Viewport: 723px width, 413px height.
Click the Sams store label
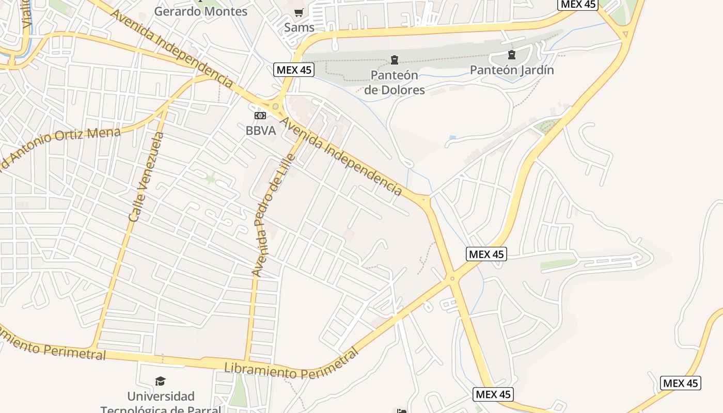pyautogui.click(x=299, y=27)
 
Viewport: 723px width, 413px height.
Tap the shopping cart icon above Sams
pyautogui.click(x=298, y=13)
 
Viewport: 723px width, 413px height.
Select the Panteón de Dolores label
pyautogui.click(x=395, y=83)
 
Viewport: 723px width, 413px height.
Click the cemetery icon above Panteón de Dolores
pyautogui.click(x=395, y=60)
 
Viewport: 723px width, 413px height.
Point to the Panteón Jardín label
pyautogui.click(x=511, y=70)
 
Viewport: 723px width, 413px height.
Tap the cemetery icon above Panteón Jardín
pyautogui.click(x=511, y=55)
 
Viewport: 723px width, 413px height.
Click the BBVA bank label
pyautogui.click(x=260, y=131)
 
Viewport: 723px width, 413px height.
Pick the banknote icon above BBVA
pyautogui.click(x=260, y=116)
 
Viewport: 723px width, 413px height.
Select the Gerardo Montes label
pyautogui.click(x=201, y=11)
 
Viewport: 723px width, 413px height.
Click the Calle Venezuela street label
pyautogui.click(x=146, y=177)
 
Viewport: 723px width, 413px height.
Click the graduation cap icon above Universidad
pyautogui.click(x=161, y=381)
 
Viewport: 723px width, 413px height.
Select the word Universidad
pyautogui.click(x=161, y=396)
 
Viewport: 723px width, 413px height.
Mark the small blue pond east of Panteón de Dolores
pyautogui.click(x=453, y=137)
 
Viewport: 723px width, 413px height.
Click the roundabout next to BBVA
pyautogui.click(x=276, y=107)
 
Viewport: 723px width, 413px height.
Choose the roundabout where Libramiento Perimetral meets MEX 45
pyautogui.click(x=452, y=279)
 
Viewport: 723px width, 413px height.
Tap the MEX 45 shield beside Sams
pyautogui.click(x=294, y=70)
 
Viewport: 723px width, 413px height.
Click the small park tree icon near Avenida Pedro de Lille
pyautogui.click(x=210, y=179)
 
